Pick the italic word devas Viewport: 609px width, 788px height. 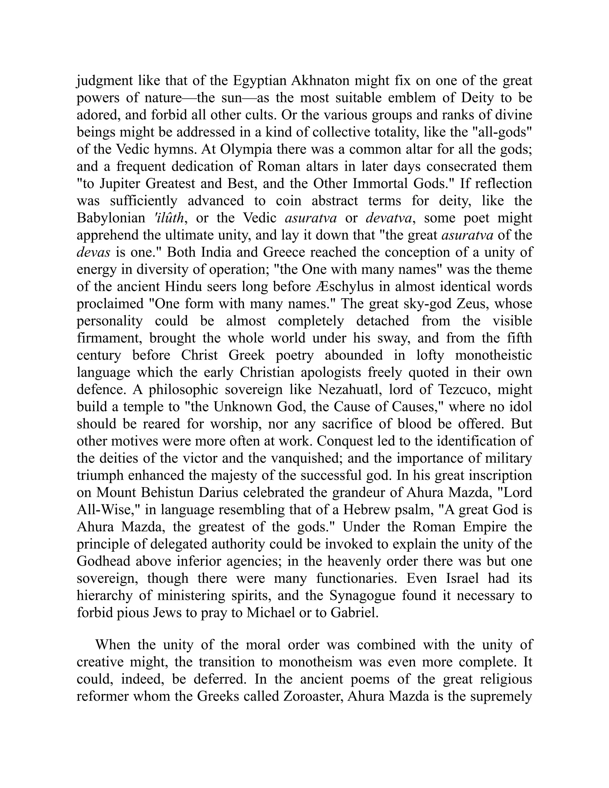(93, 252)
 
